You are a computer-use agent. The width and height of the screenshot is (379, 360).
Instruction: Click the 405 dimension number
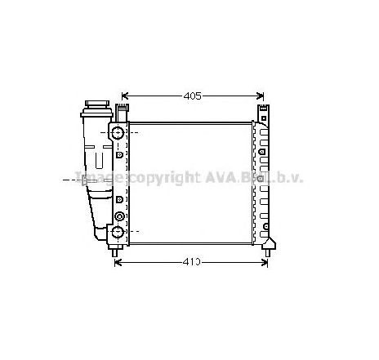[192, 96]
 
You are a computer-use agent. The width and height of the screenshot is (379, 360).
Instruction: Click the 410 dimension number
[191, 263]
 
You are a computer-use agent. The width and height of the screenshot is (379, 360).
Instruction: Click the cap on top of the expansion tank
[97, 106]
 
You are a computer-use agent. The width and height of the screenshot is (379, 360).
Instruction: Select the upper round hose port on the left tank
[118, 133]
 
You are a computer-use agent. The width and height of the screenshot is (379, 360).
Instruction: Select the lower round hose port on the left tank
[118, 233]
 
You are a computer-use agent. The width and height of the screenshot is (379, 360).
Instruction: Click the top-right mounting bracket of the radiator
[261, 113]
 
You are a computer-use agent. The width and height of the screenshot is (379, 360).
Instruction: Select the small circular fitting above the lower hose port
[120, 216]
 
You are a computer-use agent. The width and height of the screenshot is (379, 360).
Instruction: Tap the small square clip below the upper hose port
[120, 153]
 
